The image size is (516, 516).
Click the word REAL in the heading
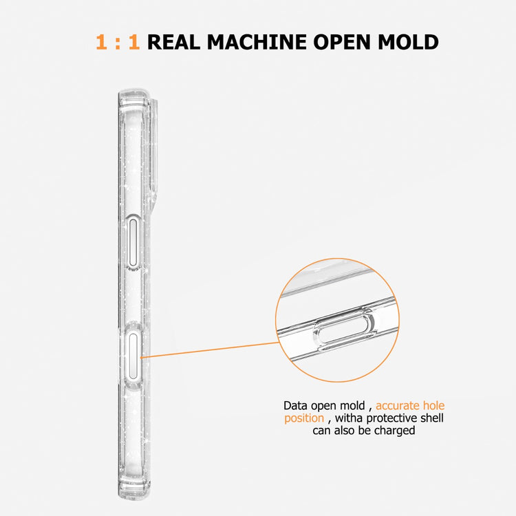pyautogui.click(x=174, y=42)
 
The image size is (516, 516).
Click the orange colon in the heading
pyautogui.click(x=118, y=43)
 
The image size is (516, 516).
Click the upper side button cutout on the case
pyautogui.click(x=133, y=242)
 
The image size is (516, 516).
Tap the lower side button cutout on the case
pyautogui.click(x=133, y=356)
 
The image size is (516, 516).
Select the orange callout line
pyautogui.click(x=210, y=350)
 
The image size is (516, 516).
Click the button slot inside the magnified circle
pyautogui.click(x=344, y=330)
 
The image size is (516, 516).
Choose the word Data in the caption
pyautogui.click(x=296, y=405)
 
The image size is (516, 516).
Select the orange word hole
pyautogui.click(x=433, y=405)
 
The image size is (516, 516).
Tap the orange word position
pyautogui.click(x=304, y=418)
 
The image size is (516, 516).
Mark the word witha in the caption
pyautogui.click(x=349, y=418)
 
